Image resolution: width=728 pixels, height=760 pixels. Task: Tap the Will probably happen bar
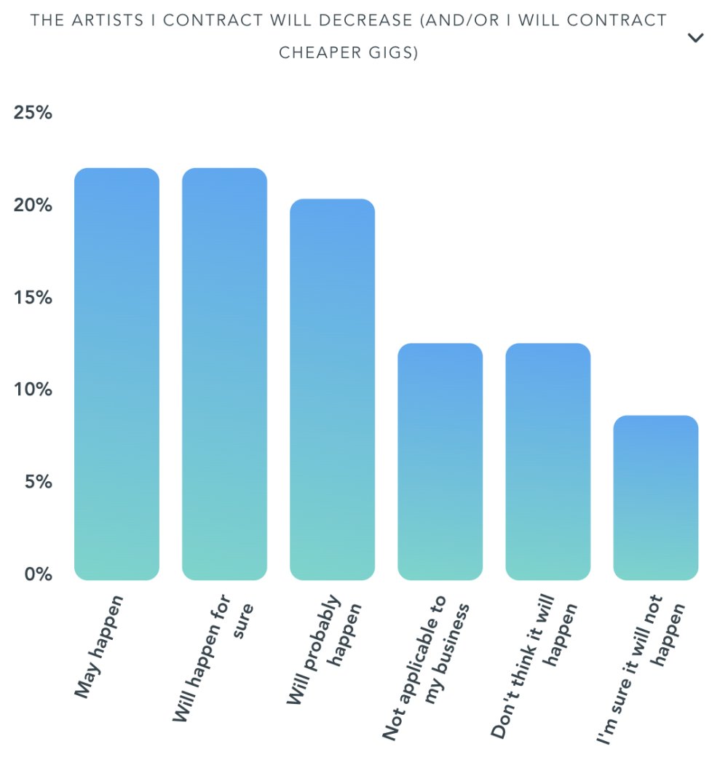[x=332, y=389]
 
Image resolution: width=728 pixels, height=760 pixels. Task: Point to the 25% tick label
[x=33, y=114]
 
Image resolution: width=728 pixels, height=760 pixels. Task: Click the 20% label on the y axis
[x=33, y=205]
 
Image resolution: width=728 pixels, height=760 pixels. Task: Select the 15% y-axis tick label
[x=33, y=298]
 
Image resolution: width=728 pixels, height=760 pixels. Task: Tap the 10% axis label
[x=33, y=389]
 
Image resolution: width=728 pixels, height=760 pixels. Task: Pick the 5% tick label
[x=36, y=482]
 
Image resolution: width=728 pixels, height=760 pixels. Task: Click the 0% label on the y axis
[x=36, y=574]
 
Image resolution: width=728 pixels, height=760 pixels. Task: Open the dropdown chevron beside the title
[x=695, y=38]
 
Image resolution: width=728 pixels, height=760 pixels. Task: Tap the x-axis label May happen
[x=100, y=646]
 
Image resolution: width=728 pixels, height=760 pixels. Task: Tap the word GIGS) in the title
[x=395, y=53]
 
